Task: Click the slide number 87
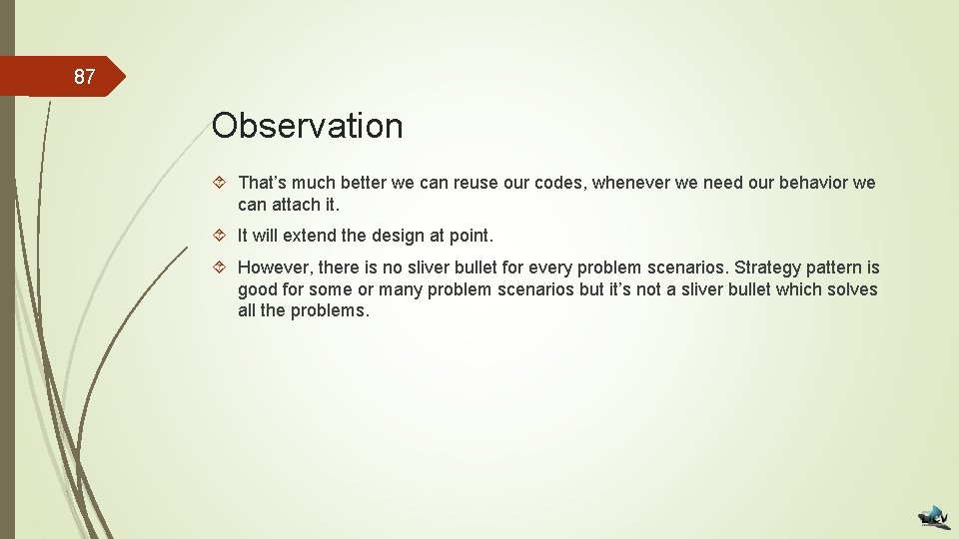pyautogui.click(x=84, y=77)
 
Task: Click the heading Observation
pyautogui.click(x=307, y=126)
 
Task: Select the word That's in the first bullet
pyautogui.click(x=262, y=183)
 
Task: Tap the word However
pyautogui.click(x=274, y=268)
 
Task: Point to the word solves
pyautogui.click(x=853, y=289)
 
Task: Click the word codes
pyautogui.click(x=560, y=183)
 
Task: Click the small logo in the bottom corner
pyautogui.click(x=933, y=515)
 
